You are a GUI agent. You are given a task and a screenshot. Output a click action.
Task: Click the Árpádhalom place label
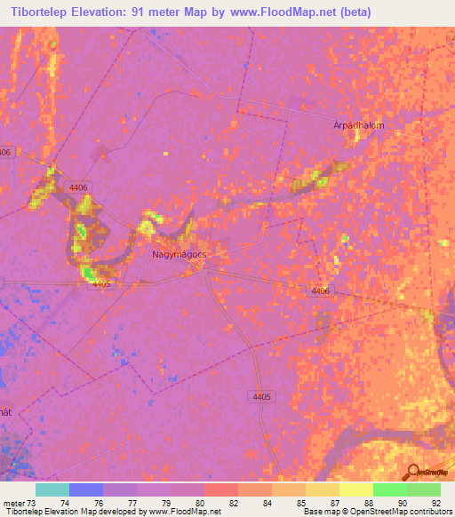(x=359, y=125)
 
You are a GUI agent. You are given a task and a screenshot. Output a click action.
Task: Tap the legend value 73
(x=33, y=502)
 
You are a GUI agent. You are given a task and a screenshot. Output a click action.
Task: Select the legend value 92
(x=435, y=502)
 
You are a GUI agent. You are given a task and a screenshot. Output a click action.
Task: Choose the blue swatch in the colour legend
(x=86, y=489)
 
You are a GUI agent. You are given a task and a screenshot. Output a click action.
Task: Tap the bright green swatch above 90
(x=390, y=489)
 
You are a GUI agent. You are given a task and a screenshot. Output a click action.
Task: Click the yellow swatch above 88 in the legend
(x=356, y=489)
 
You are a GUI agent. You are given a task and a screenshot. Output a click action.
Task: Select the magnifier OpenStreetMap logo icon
(x=411, y=471)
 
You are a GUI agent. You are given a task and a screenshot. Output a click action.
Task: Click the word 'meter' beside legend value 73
(x=12, y=502)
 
